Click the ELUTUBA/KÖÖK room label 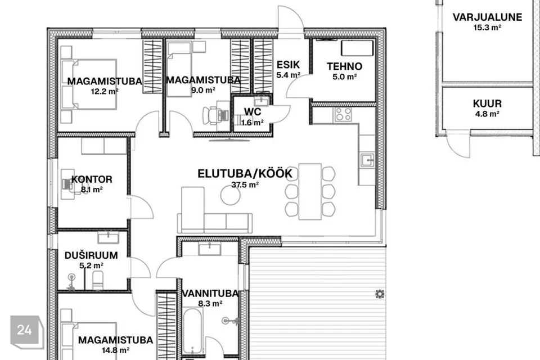point(245,173)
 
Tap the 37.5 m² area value point(245,184)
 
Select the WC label point(253,111)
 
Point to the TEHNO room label point(344,66)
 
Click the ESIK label point(288,65)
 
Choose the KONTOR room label point(92,179)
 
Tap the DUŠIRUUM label point(91,255)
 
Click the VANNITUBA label point(210,294)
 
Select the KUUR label point(487,103)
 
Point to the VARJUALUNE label point(487,17)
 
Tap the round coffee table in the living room point(231,195)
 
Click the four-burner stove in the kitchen point(343,114)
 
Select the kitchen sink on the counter point(367,160)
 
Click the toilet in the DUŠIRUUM point(98,280)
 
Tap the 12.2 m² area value point(105,92)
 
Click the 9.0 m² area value point(203,90)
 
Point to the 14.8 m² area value point(115,350)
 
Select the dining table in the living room point(310,192)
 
